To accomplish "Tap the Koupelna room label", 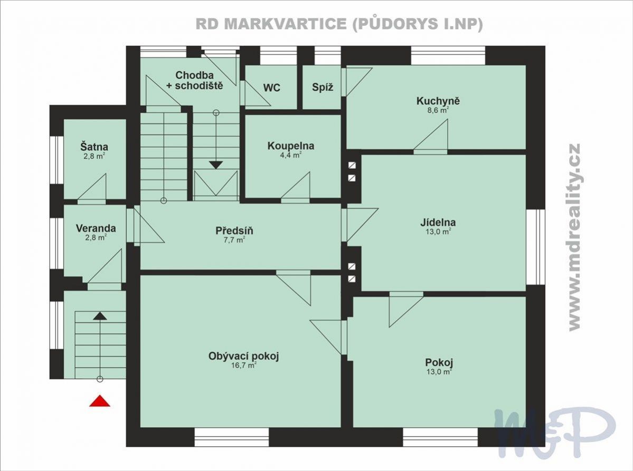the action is (x=291, y=146).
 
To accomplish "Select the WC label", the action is (x=272, y=88).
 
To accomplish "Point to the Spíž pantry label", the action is (x=323, y=87).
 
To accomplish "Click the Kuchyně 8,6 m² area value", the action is (x=438, y=110).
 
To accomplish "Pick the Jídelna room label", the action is (x=438, y=222).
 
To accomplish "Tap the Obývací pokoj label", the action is (x=244, y=356).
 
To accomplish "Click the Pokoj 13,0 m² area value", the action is (x=438, y=372).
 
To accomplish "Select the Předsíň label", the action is (x=234, y=230).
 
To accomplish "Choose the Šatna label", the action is (x=94, y=147).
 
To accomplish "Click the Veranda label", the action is (x=96, y=228).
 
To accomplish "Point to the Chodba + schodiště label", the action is (x=195, y=80).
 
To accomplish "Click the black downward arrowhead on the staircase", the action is (x=216, y=165).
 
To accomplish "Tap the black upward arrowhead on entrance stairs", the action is (x=100, y=316).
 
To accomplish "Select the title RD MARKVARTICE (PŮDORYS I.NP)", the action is (x=339, y=24).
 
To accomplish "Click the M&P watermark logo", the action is (x=555, y=431).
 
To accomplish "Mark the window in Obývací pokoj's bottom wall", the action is (x=232, y=437).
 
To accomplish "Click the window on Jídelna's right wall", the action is (x=536, y=246).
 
